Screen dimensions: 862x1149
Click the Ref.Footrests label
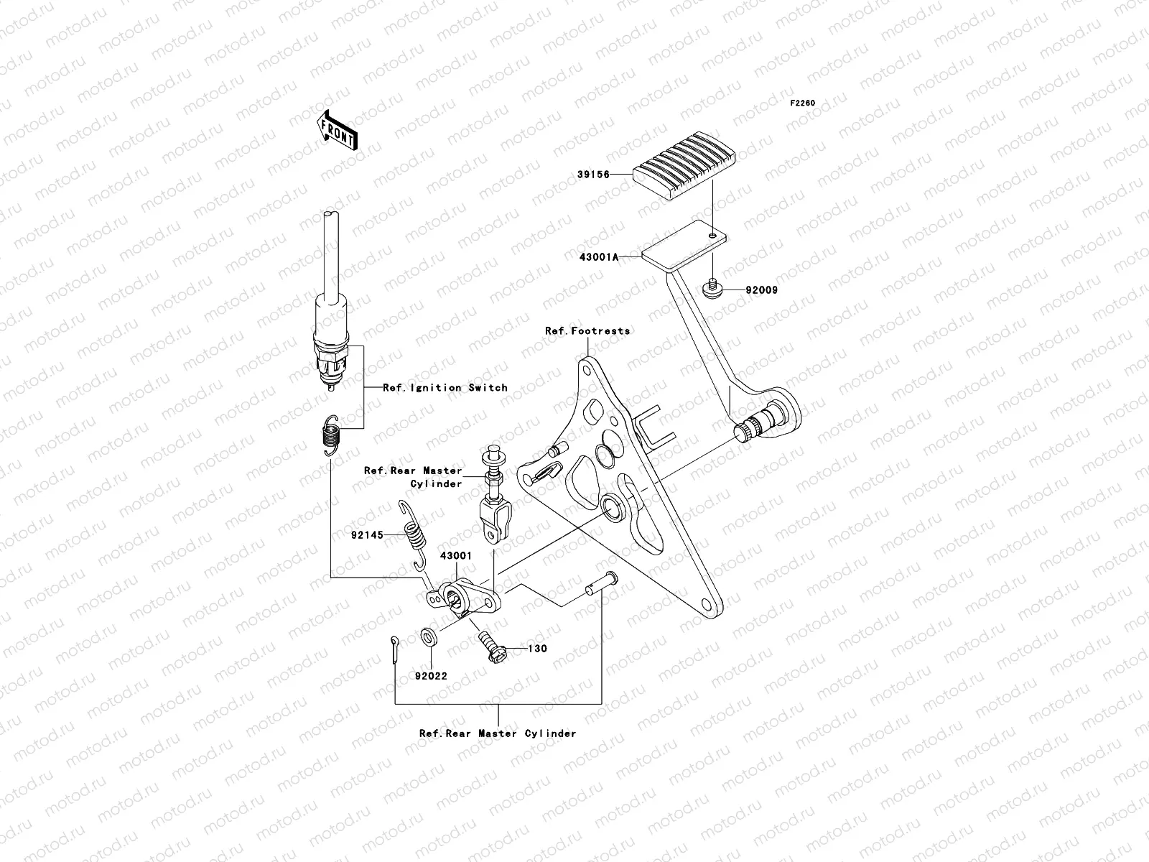[x=587, y=331]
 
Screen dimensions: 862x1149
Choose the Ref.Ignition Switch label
[x=445, y=388]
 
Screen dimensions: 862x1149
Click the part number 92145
[x=366, y=535]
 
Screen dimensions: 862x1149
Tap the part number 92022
[x=431, y=676]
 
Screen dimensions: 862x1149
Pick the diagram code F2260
[x=803, y=103]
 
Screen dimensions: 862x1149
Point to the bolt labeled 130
[x=490, y=644]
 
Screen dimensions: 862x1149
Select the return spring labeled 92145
[x=414, y=539]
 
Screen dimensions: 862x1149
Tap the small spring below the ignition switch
[x=330, y=435]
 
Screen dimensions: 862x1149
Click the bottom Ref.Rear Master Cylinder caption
[x=498, y=734]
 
